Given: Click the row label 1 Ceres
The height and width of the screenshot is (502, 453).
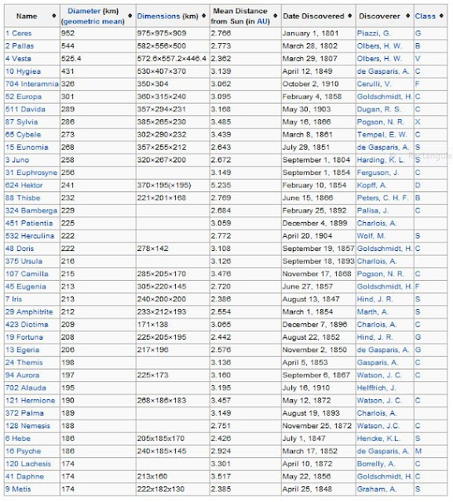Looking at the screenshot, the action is coord(20,33).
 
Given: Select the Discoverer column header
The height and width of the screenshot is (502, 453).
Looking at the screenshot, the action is coord(380,16).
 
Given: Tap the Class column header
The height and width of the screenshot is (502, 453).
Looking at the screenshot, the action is coord(427,16).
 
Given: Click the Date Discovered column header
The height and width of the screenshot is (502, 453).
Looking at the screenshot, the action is coord(313,16).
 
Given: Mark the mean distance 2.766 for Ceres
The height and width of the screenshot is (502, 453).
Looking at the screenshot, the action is coord(222,33).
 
